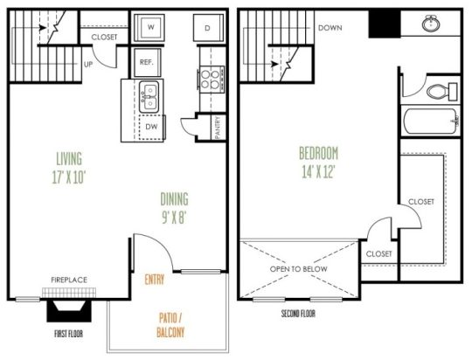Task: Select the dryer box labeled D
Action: [208, 28]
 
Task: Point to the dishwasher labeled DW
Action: [150, 126]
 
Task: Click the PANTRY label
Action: [217, 128]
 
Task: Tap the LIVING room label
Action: [68, 159]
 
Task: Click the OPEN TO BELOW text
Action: [299, 269]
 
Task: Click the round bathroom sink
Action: [431, 24]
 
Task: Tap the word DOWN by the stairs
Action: [330, 27]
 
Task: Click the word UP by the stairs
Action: [88, 64]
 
